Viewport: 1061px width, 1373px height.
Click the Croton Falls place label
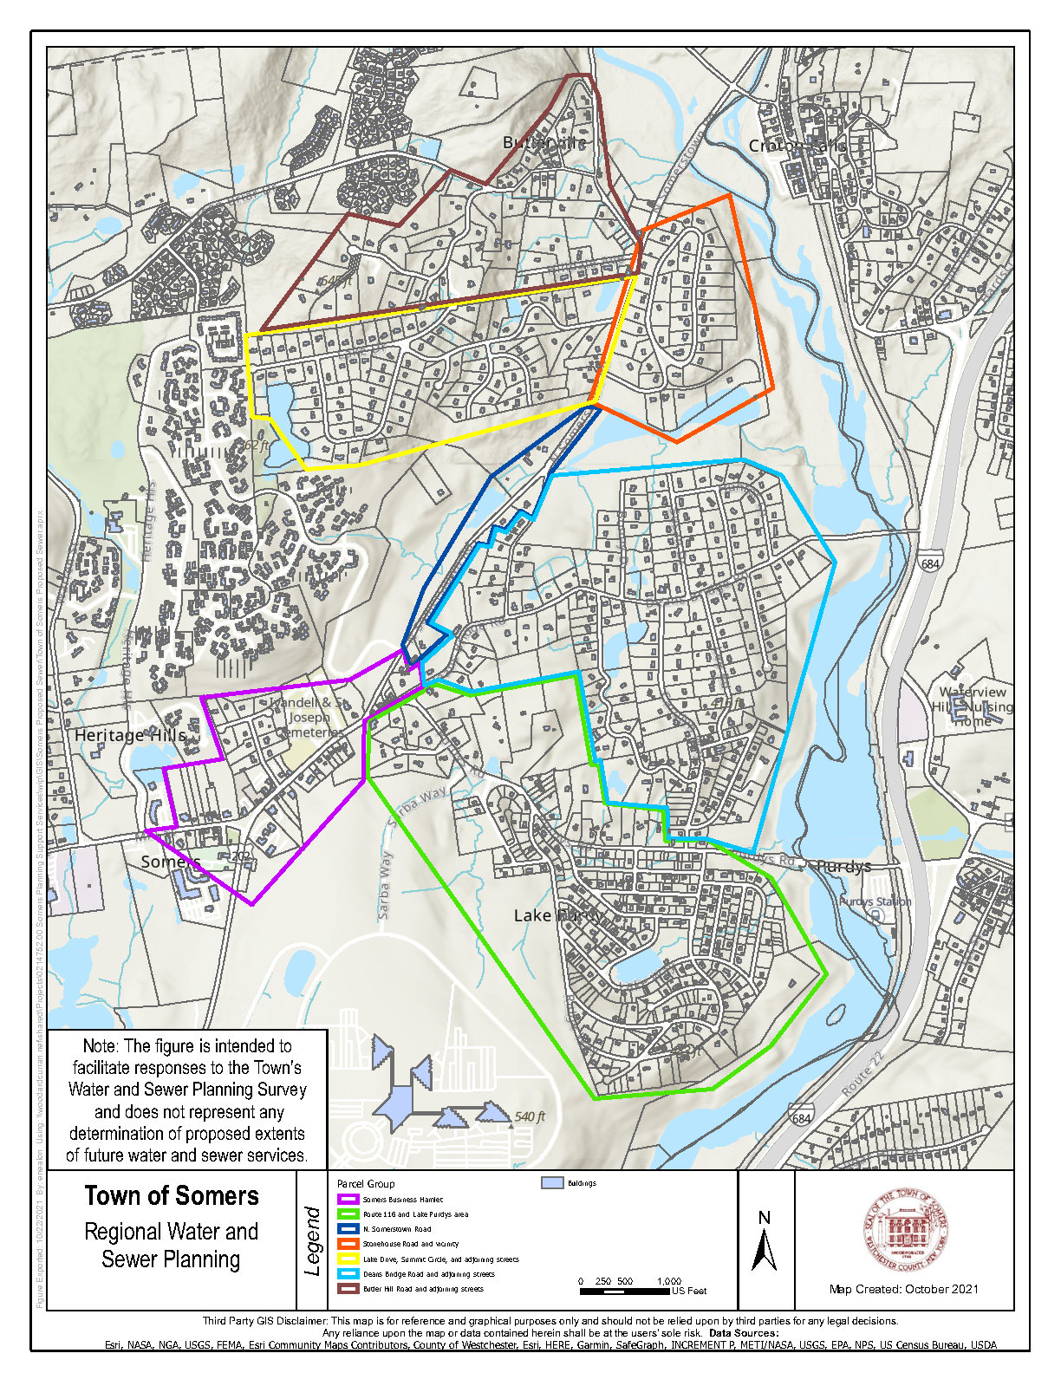click(x=797, y=146)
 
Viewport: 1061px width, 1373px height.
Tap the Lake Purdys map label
click(x=558, y=915)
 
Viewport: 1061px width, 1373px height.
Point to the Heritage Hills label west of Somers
click(x=130, y=735)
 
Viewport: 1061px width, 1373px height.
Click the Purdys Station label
click(x=875, y=901)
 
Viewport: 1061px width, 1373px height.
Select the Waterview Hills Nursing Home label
click(x=973, y=706)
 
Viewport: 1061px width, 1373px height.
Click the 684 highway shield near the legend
click(x=801, y=1118)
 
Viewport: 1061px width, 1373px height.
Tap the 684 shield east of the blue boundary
click(x=930, y=563)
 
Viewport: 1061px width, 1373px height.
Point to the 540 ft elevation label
click(x=530, y=1116)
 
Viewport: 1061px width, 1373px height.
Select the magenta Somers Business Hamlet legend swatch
click(x=348, y=1200)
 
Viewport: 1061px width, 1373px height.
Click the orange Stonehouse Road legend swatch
click(x=348, y=1244)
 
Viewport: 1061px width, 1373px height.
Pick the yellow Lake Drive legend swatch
click(x=348, y=1259)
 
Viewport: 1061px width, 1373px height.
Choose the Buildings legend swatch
click(x=552, y=1183)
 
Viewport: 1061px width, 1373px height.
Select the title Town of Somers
click(x=172, y=1196)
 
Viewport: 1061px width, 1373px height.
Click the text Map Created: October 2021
click(x=904, y=1289)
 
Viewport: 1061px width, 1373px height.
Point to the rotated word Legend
click(x=314, y=1241)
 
